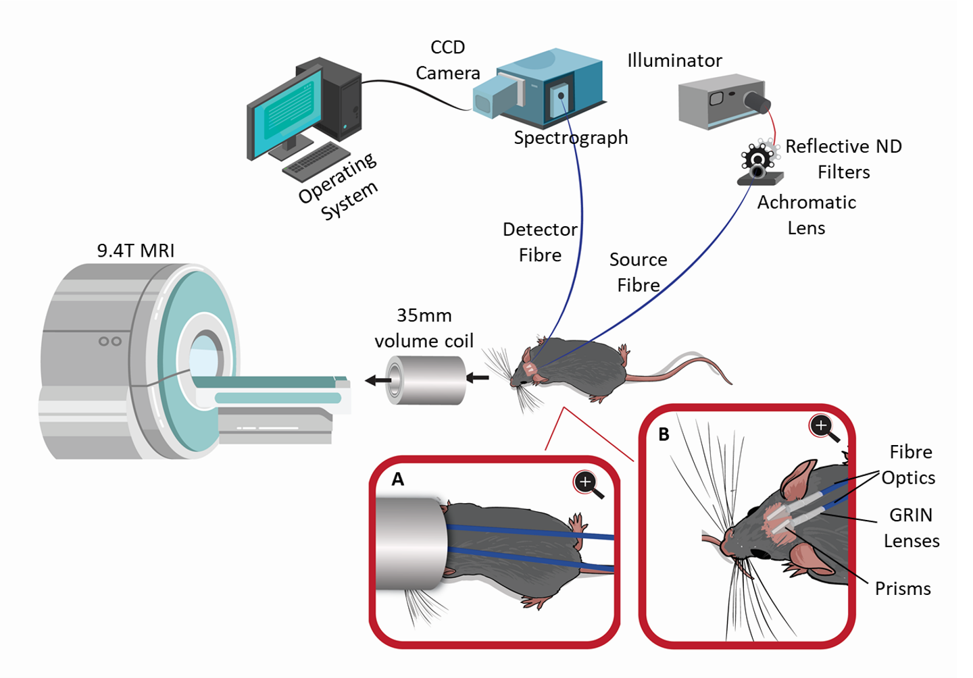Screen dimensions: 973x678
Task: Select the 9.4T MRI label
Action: [136, 251]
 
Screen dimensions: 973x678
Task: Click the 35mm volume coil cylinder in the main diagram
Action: [426, 380]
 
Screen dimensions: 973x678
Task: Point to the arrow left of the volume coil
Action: [378, 381]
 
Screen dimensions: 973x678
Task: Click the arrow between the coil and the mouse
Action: [477, 377]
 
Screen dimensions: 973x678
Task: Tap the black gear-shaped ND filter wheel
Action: [757, 157]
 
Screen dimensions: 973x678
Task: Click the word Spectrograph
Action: [571, 138]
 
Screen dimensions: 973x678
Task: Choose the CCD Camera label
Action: [448, 60]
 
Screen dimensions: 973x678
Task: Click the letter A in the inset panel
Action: [398, 479]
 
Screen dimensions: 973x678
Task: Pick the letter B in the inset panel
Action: [664, 434]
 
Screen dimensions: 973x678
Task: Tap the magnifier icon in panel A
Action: [589, 484]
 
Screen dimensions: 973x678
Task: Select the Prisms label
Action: [903, 589]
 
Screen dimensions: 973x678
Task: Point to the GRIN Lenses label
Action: [912, 528]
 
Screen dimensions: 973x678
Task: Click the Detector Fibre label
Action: [540, 242]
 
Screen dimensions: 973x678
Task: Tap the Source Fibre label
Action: [639, 272]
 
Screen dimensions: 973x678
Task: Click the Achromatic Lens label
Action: [807, 215]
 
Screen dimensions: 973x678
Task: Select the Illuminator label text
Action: [674, 60]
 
